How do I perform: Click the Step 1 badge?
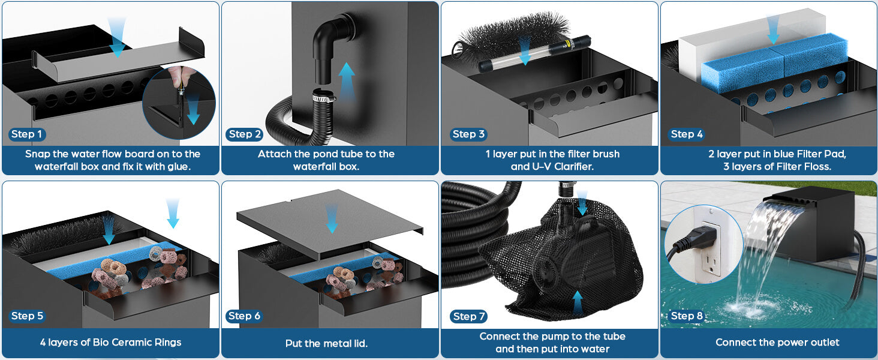pos(27,134)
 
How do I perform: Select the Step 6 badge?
pos(244,316)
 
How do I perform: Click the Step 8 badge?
pos(686,316)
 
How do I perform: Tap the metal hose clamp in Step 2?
pos(323,95)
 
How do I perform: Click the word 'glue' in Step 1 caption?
pos(178,166)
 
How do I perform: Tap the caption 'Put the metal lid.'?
pos(327,343)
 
